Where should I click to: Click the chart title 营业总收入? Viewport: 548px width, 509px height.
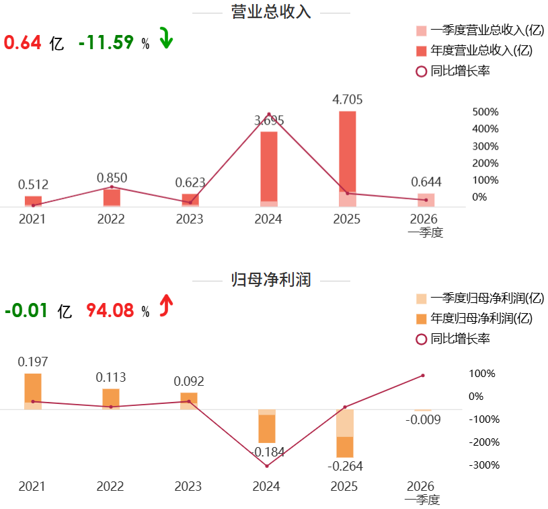[271, 12]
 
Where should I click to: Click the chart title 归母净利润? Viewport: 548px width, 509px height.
[271, 279]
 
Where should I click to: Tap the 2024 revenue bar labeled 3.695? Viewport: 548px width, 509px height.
[269, 169]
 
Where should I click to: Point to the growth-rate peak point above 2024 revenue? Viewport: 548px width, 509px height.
[269, 114]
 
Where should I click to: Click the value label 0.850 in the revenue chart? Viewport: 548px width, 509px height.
[112, 178]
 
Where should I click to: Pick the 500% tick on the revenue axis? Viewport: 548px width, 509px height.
[485, 112]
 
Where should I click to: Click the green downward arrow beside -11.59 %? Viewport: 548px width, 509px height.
[166, 38]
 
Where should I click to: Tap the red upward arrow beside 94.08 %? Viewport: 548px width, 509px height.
[166, 305]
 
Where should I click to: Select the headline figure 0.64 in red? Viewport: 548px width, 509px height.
[23, 42]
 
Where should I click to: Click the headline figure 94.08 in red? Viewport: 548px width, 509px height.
[110, 310]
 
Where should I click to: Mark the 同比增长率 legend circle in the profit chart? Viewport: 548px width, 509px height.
[421, 339]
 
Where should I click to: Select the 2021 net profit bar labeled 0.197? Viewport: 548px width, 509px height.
[33, 391]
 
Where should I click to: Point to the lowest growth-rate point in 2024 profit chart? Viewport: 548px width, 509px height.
[267, 466]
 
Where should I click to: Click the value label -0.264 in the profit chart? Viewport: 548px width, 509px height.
[346, 466]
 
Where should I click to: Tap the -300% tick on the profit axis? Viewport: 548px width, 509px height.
[484, 465]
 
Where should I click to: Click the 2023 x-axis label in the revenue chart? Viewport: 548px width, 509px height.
[190, 219]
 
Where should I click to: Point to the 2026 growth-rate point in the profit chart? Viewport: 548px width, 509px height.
[423, 376]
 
